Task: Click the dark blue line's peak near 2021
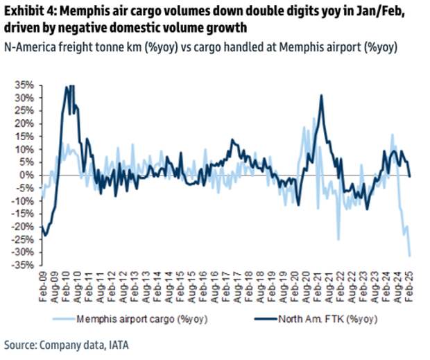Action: (322, 96)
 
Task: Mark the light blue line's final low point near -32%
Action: (409, 256)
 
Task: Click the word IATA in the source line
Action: (118, 345)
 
